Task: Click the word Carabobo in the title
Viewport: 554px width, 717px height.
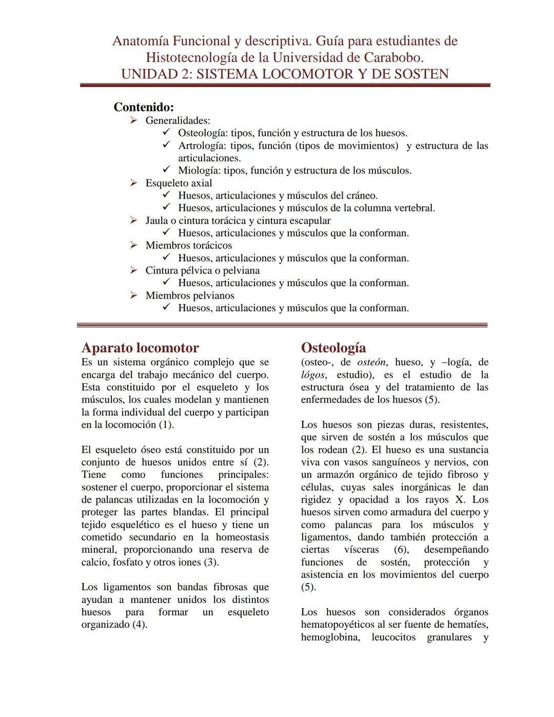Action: coord(393,57)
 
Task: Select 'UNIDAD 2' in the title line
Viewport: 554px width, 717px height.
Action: coord(150,74)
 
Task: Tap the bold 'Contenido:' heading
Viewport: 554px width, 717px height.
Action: coord(144,107)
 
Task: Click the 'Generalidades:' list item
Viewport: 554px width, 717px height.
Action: coord(177,121)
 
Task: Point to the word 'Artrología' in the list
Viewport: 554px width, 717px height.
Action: coord(201,146)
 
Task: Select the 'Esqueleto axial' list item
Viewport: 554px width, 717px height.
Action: coord(179,183)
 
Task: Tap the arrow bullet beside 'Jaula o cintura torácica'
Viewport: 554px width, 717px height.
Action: coord(133,221)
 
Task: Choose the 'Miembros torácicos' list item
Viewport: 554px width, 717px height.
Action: coord(188,245)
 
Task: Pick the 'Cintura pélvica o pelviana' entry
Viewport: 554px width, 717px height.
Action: coord(202,270)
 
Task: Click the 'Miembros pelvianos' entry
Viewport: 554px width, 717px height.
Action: coord(190,296)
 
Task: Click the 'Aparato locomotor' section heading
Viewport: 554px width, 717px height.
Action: coord(140,348)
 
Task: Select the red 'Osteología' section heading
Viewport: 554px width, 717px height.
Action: coord(333,348)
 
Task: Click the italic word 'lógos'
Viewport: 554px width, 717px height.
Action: coord(312,375)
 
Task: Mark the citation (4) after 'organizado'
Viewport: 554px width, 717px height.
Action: coord(140,625)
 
